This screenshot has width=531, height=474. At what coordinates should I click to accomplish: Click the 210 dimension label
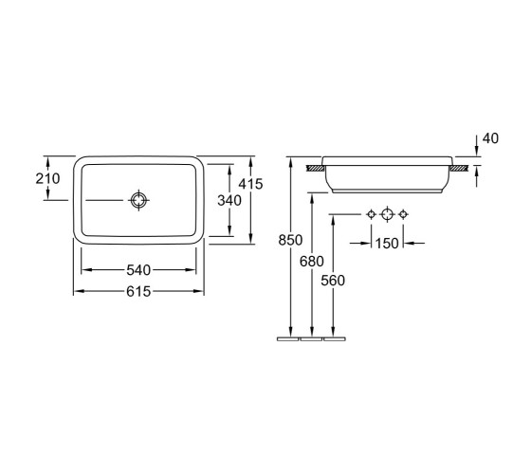[x=47, y=178]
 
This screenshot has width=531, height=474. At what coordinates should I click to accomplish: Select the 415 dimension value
[x=250, y=184]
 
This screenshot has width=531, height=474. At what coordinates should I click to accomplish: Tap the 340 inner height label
[x=229, y=200]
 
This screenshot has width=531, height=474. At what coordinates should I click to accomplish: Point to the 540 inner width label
[x=138, y=270]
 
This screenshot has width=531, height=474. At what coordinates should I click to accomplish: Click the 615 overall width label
[x=138, y=291]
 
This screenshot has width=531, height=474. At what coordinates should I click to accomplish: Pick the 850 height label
[x=290, y=240]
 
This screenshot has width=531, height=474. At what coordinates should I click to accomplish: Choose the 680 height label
[x=312, y=261]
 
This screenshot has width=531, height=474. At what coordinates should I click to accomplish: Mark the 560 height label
[x=333, y=281]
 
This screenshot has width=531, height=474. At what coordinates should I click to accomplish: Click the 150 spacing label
[x=387, y=243]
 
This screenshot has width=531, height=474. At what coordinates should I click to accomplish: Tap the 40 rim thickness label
[x=491, y=138]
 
